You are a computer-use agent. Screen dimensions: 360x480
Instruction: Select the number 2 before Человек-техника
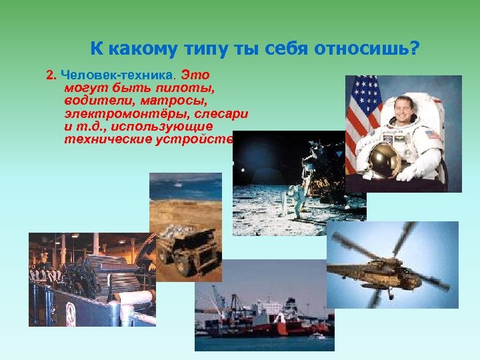50,75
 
